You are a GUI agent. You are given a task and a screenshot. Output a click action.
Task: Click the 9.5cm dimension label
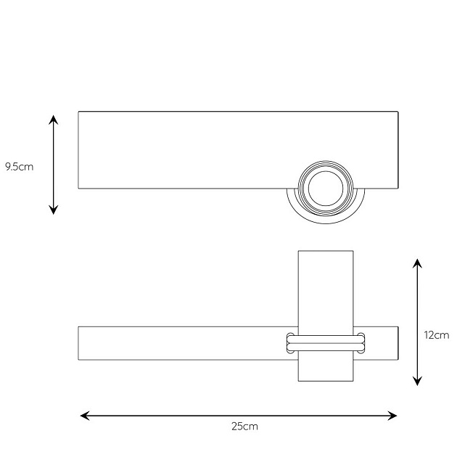[x=20, y=167]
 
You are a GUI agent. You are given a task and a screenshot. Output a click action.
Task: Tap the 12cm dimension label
[x=436, y=335]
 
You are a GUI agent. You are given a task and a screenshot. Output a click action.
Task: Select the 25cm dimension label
[x=245, y=427]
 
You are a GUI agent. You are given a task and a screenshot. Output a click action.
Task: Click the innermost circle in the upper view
[x=326, y=171]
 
